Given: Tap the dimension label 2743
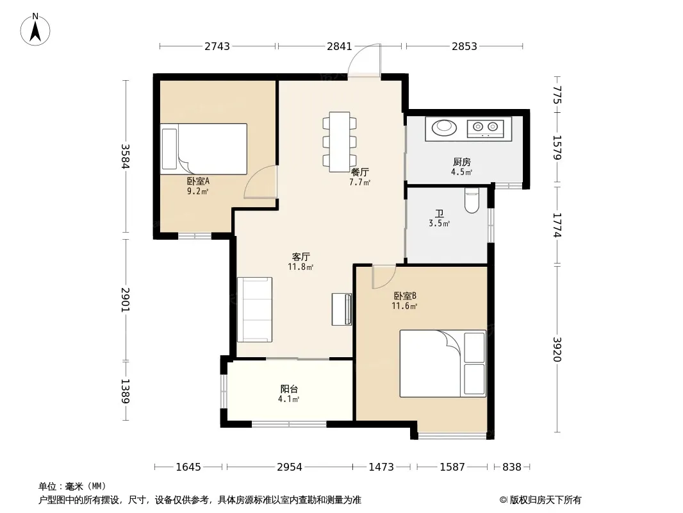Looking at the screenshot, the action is point(217,46).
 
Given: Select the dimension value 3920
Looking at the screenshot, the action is point(557,349).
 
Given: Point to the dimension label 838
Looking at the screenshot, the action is point(511,467).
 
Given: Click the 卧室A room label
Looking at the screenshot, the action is point(198,181).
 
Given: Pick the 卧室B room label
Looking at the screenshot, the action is point(405,296).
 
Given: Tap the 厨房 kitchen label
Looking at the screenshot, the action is point(462,162).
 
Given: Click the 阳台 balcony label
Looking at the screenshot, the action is point(289,389).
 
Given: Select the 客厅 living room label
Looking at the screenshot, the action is point(300,256).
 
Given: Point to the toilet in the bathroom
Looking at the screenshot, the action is point(472,200).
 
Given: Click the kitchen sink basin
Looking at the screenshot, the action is point(444,127).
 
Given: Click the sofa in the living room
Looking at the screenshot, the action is point(255,310).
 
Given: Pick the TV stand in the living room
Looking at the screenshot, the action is point(342,310).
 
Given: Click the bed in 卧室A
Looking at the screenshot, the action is point(204,149).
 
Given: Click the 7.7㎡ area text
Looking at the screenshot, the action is point(360,183).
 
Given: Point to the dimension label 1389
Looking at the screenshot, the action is point(126,391).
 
